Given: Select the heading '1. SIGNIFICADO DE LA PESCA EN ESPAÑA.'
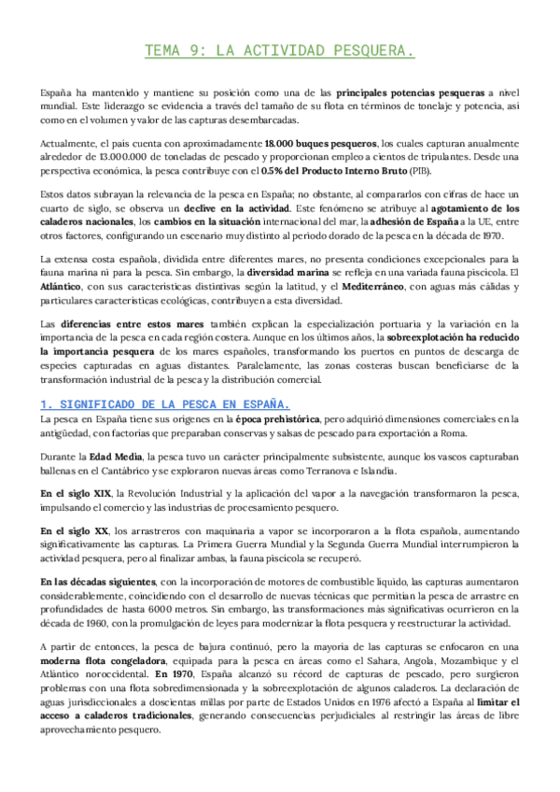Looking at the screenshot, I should pyautogui.click(x=165, y=403).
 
